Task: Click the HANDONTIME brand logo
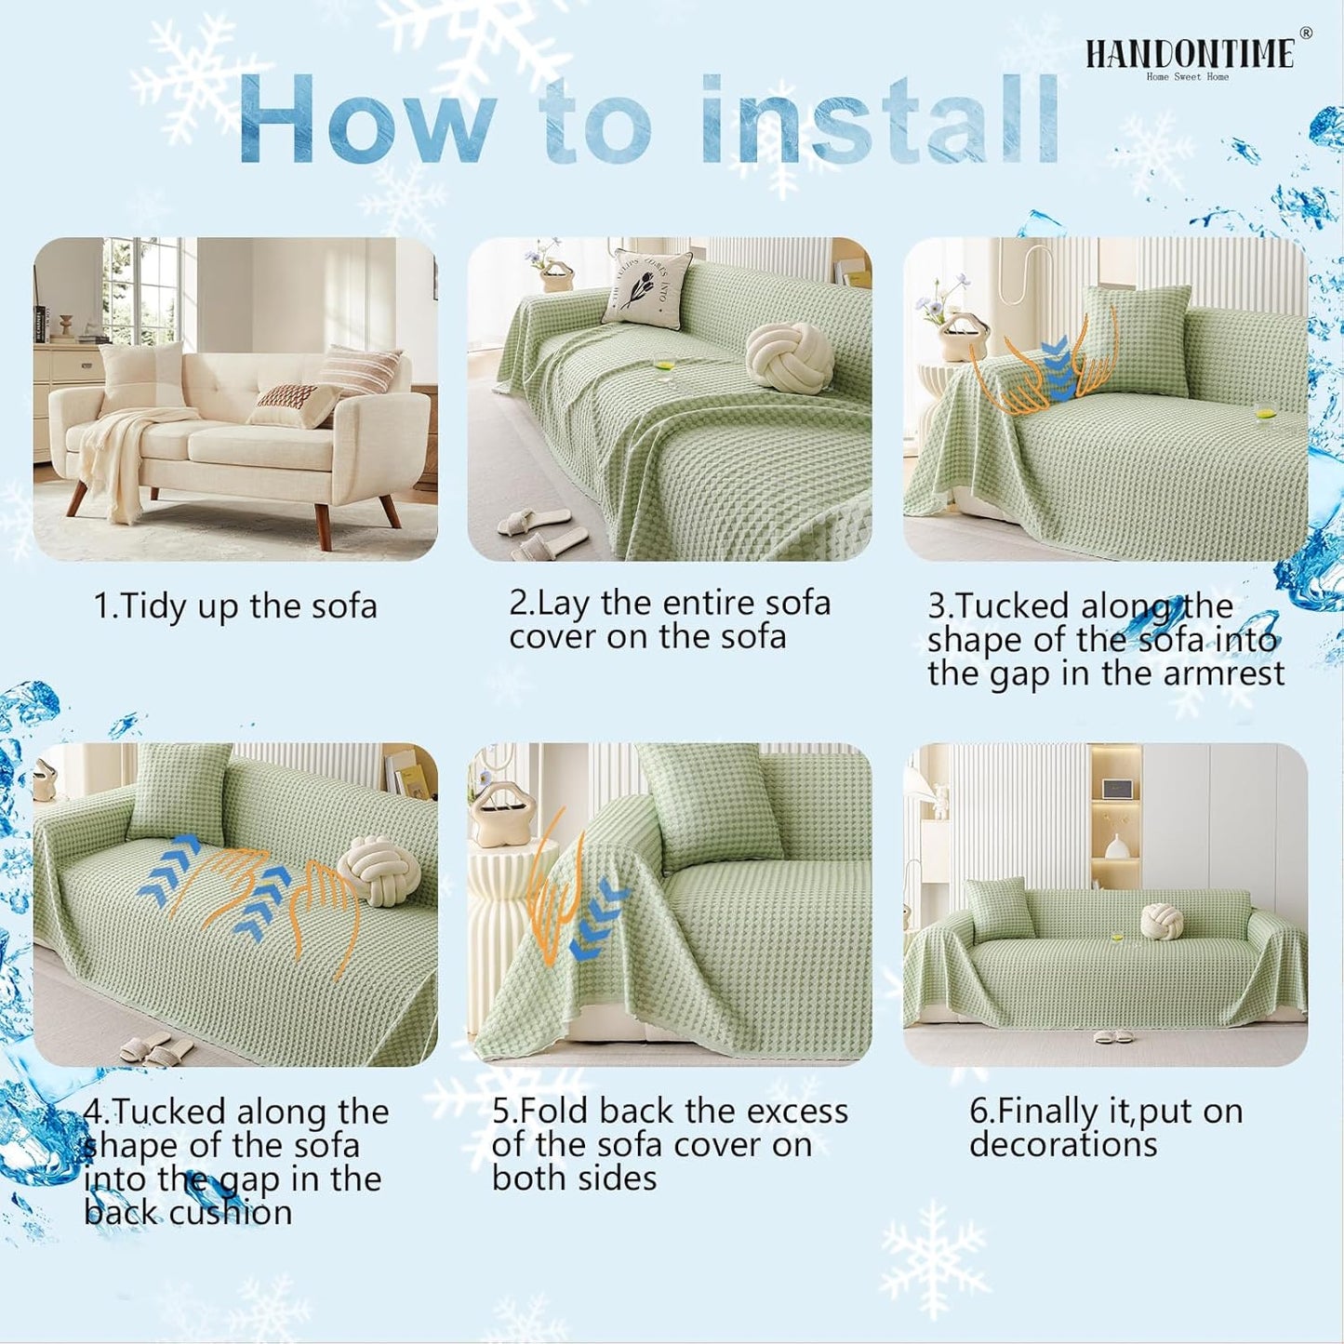click(1190, 55)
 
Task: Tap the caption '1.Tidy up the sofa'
click(235, 606)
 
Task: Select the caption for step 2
click(669, 619)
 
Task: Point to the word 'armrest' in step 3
click(1223, 673)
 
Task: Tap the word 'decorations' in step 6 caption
click(1063, 1145)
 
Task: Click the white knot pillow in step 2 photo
click(790, 357)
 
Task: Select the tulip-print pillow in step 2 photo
click(648, 288)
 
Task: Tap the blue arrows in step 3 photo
click(1055, 373)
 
